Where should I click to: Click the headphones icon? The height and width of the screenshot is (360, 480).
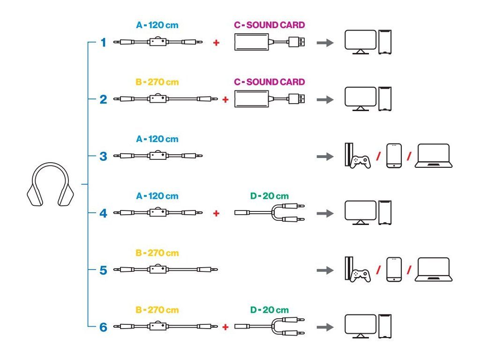click(50, 185)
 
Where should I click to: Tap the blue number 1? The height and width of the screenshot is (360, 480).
click(103, 43)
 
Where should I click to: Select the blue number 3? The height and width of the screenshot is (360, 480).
click(103, 156)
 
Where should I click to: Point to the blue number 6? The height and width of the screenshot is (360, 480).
click(103, 327)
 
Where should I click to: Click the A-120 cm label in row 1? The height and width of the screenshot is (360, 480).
click(157, 25)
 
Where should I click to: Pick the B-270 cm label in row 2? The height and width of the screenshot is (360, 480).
click(157, 82)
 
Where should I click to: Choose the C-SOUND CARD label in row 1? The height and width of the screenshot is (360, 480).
click(270, 25)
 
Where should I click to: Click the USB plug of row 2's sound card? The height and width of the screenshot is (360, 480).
click(298, 99)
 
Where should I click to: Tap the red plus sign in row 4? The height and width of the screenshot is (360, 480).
click(216, 213)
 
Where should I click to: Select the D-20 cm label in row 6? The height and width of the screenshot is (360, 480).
click(270, 310)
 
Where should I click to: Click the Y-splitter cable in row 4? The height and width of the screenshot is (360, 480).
click(270, 213)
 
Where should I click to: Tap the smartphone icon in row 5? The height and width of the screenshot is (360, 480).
click(394, 270)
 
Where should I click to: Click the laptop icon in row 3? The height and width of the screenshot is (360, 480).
click(434, 156)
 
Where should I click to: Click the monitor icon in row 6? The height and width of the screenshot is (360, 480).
click(360, 325)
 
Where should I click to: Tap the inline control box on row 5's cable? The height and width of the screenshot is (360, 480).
click(157, 270)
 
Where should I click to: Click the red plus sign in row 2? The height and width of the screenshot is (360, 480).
click(225, 99)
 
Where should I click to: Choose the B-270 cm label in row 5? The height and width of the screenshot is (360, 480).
click(157, 253)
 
